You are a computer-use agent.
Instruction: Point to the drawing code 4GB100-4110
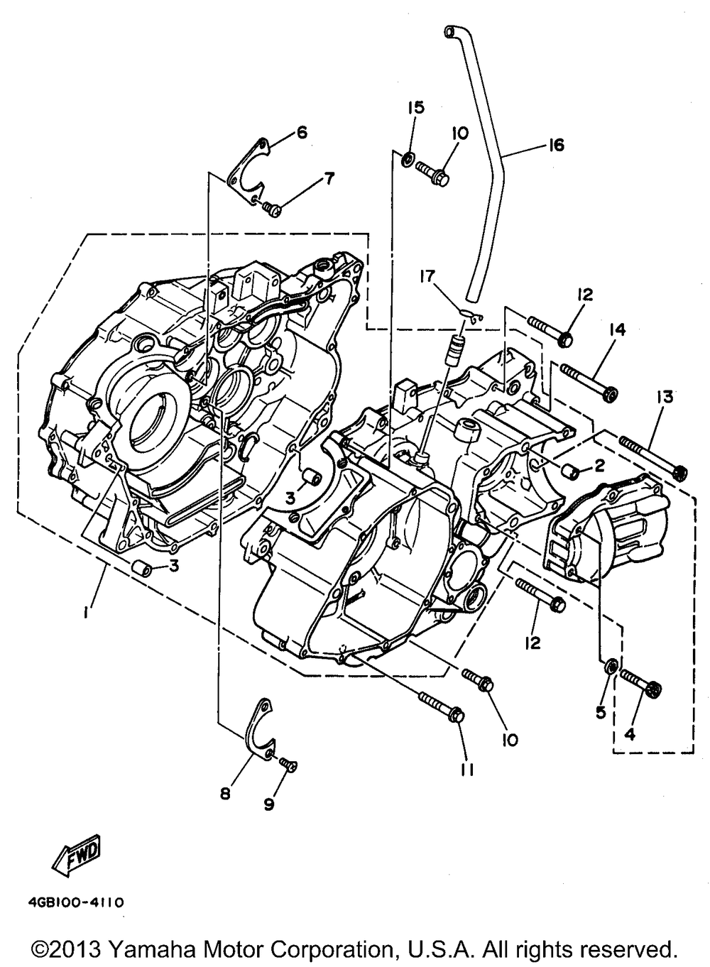[77, 903]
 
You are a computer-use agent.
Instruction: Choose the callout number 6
[302, 132]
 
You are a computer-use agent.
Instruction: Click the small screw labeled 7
[271, 208]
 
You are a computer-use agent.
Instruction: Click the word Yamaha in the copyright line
[155, 949]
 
